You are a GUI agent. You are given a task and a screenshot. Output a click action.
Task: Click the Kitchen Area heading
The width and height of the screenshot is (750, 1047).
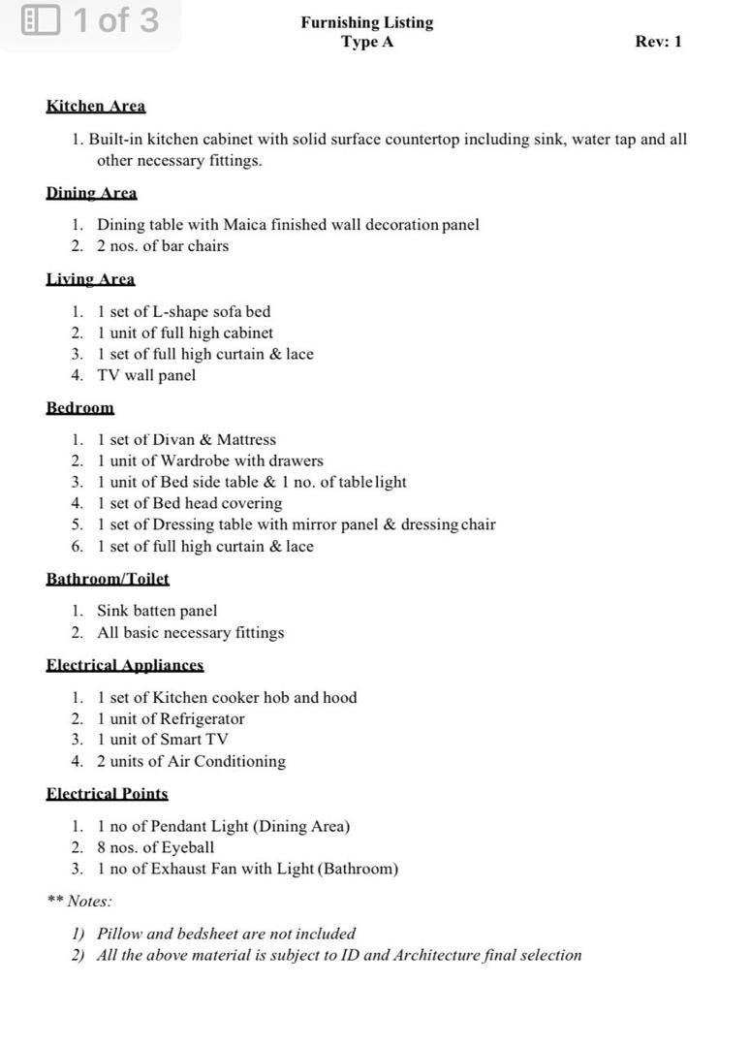tap(95, 107)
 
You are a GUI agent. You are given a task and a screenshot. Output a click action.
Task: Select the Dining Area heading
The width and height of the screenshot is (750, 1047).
tap(91, 193)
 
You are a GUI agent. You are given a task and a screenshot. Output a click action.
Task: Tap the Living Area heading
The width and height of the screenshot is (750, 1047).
tap(90, 279)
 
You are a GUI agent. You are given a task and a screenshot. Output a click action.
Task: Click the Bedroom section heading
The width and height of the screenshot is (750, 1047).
tap(79, 408)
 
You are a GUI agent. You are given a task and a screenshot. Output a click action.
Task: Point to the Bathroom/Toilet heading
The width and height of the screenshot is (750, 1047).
tap(108, 579)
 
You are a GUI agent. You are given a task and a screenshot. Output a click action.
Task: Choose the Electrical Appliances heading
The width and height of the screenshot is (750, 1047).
tap(125, 665)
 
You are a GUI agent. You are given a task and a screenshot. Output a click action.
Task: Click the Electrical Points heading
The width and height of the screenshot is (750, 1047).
tap(107, 794)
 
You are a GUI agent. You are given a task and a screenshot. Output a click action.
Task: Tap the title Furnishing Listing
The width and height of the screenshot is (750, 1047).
tap(366, 22)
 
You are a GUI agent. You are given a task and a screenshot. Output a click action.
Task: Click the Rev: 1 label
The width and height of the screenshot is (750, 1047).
tap(658, 42)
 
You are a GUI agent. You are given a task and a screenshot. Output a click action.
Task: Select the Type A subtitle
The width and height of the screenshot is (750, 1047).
tap(366, 42)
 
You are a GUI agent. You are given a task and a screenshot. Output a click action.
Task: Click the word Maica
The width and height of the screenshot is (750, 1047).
tap(245, 225)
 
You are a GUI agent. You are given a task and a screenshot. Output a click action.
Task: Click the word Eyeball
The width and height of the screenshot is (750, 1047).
tap(188, 848)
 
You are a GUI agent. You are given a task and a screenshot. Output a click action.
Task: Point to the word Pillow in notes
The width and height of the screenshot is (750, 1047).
tap(119, 935)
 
